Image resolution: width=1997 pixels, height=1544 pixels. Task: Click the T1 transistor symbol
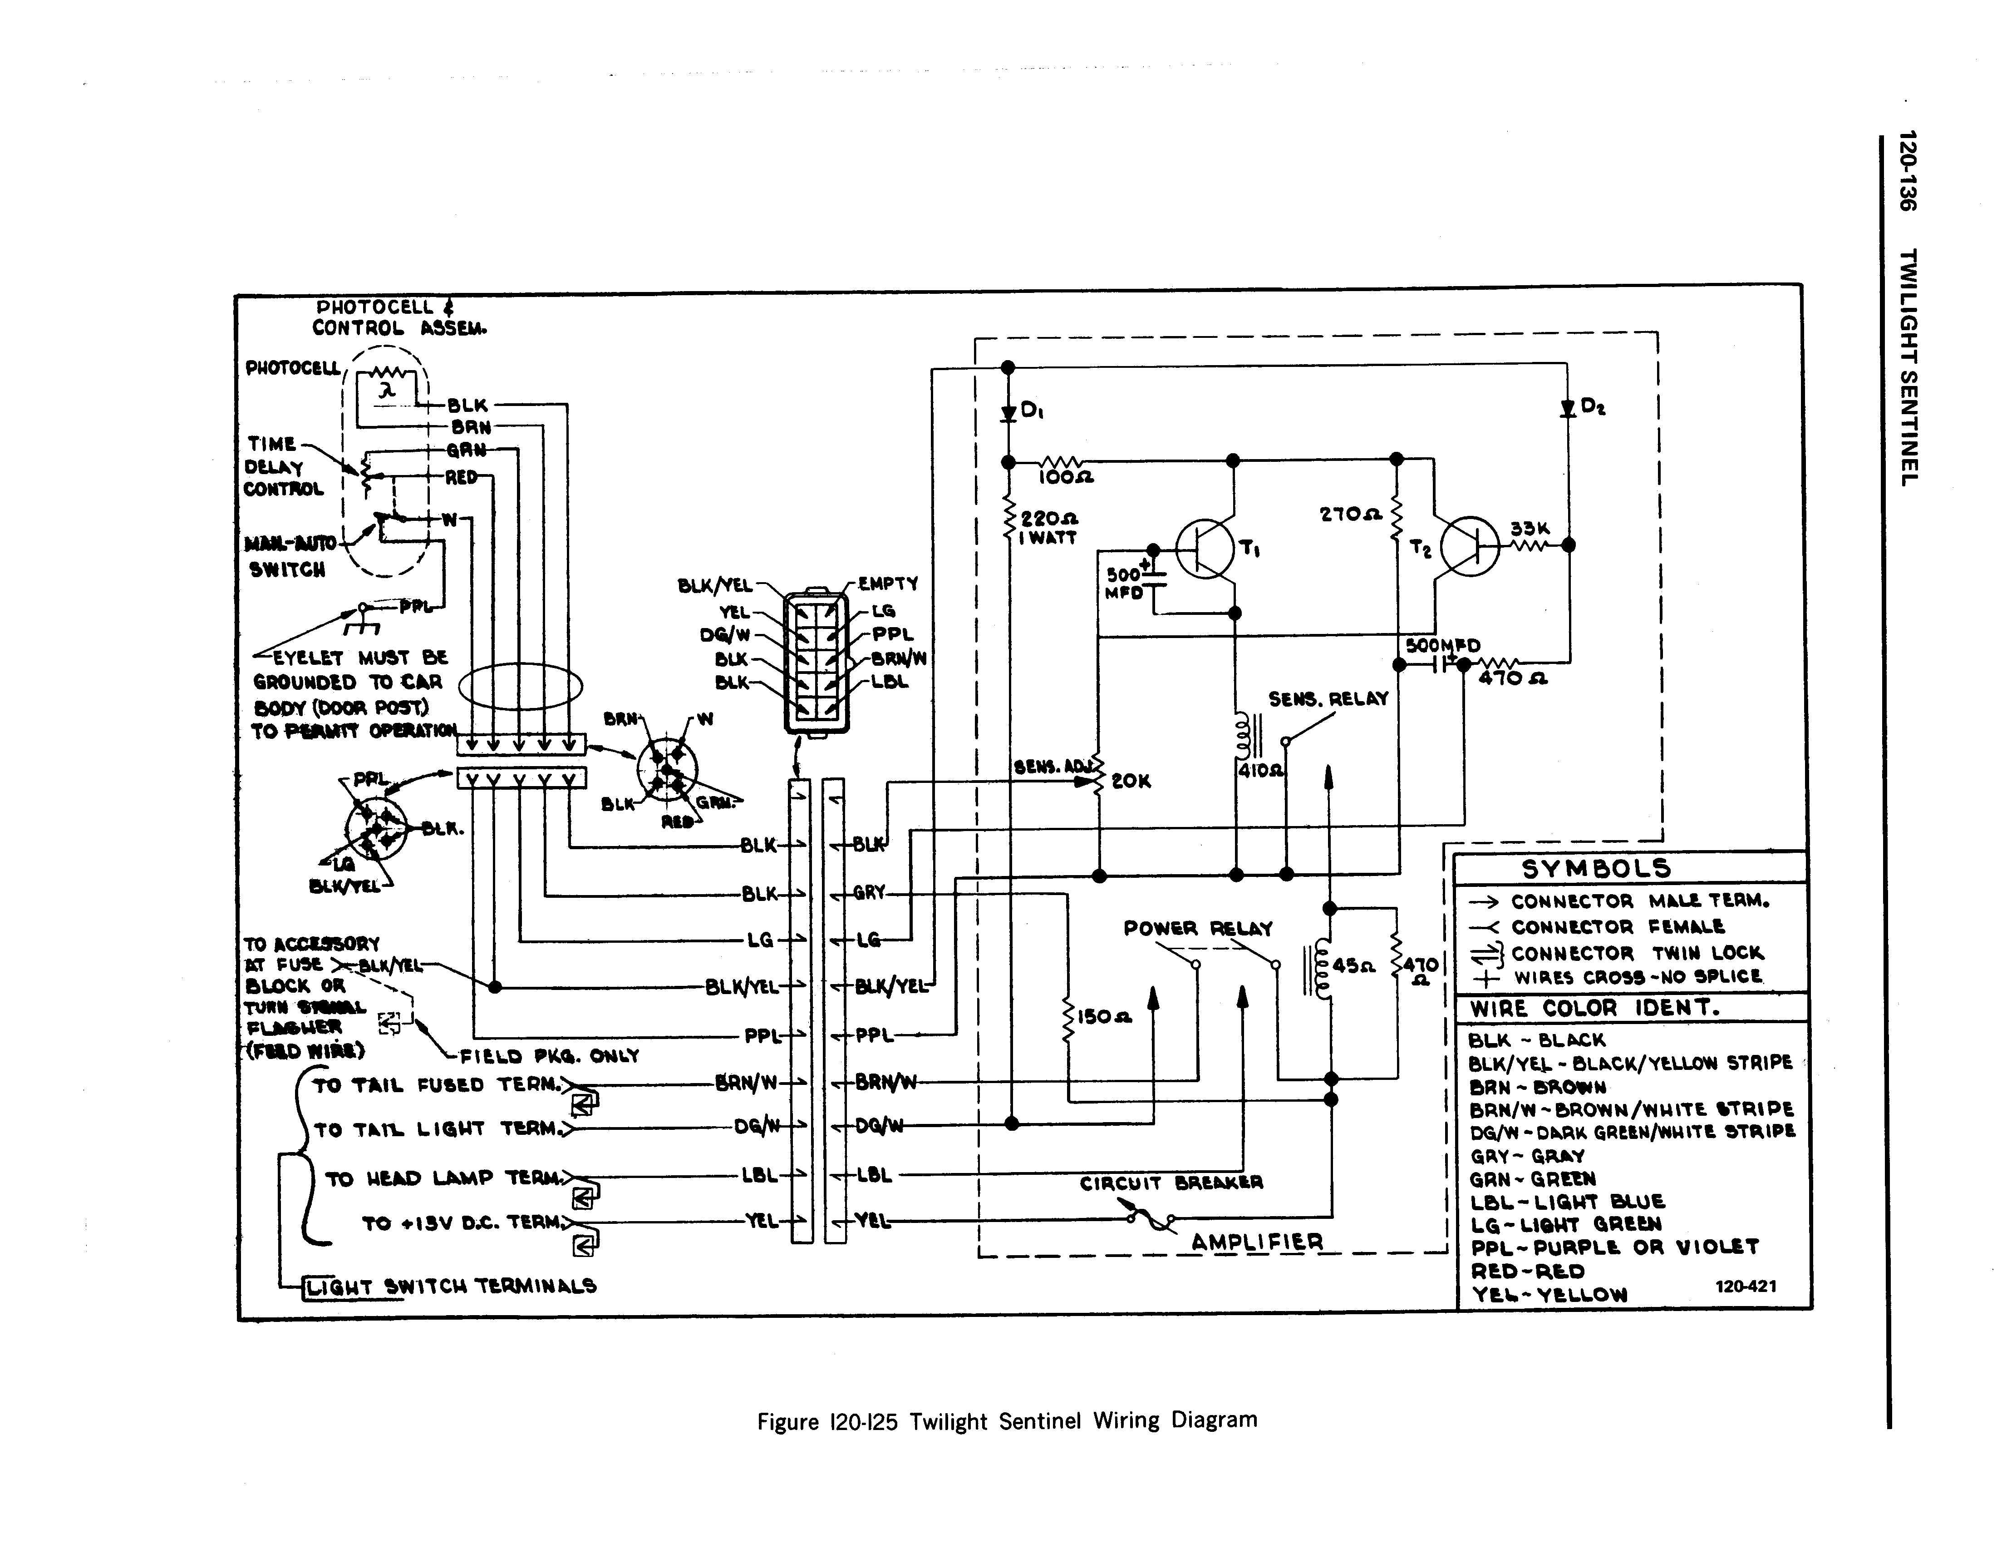pyautogui.click(x=1205, y=549)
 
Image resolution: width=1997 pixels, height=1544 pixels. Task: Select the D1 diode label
pyautogui.click(x=1032, y=411)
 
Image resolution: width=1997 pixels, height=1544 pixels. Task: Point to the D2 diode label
pyautogui.click(x=1594, y=407)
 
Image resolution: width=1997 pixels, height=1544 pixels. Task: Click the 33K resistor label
pyautogui.click(x=1529, y=529)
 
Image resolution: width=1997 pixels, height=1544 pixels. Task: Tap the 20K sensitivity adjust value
pyautogui.click(x=1131, y=781)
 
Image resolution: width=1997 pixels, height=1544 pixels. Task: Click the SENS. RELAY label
pyautogui.click(x=1328, y=699)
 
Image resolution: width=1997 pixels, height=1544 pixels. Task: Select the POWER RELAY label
pyautogui.click(x=1198, y=928)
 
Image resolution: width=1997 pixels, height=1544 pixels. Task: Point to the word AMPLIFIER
pyautogui.click(x=1257, y=1242)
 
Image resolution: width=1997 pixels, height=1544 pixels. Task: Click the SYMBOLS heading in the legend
pyautogui.click(x=1596, y=868)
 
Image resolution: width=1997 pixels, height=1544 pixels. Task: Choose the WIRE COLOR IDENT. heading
pyautogui.click(x=1595, y=1008)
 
